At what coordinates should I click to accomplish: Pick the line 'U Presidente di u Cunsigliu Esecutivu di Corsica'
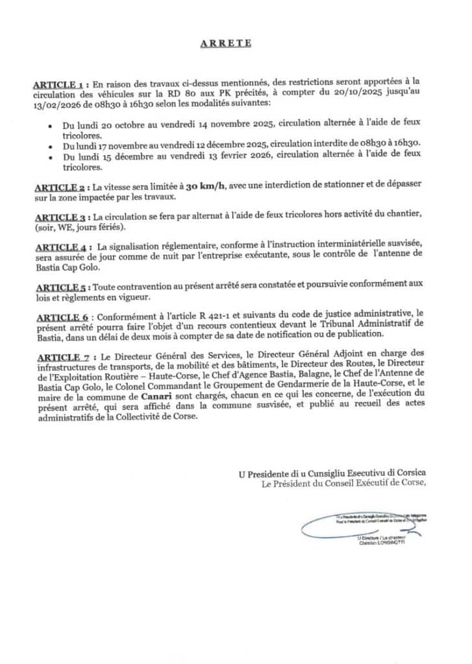coord(332,474)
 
